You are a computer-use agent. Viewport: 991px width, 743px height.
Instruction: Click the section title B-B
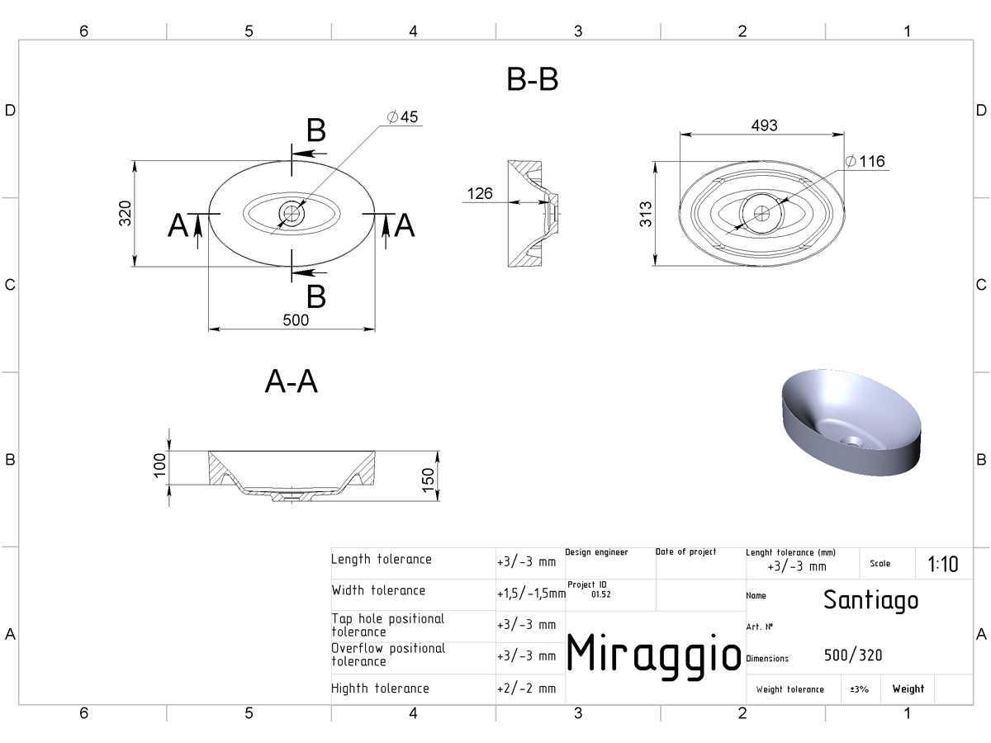533,79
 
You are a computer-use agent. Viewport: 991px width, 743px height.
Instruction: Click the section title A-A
292,381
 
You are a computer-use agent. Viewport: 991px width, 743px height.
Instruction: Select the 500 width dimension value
296,319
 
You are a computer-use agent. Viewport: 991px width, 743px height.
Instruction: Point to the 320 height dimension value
125,213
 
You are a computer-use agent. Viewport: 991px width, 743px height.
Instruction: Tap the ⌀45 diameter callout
403,117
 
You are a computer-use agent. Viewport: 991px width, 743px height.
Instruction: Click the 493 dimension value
765,125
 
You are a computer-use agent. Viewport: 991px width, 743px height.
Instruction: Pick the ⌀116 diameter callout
865,161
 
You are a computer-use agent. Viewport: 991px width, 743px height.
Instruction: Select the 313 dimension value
646,214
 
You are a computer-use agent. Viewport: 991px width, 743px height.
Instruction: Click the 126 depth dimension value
480,193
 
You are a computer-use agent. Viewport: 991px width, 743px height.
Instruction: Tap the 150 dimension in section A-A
428,480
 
